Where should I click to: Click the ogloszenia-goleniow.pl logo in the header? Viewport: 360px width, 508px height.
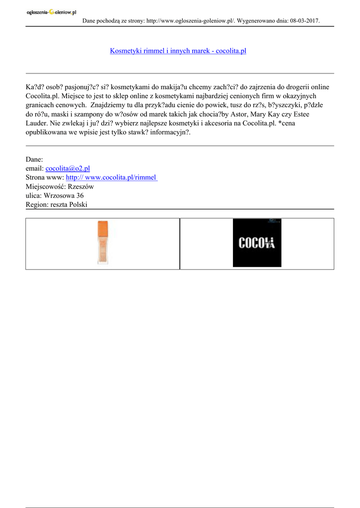click(51, 13)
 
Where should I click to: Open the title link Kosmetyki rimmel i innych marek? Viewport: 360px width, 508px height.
click(178, 51)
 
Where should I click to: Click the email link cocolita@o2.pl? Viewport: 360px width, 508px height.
click(68, 169)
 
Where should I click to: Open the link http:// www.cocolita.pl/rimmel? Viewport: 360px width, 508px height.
click(111, 178)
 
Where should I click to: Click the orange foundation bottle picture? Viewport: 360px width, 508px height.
click(103, 243)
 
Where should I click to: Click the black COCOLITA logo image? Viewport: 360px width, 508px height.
click(257, 243)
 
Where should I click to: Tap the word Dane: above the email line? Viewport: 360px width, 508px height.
click(34, 160)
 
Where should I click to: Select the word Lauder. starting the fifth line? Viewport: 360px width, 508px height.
click(37, 123)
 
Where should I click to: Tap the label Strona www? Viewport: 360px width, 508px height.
click(45, 178)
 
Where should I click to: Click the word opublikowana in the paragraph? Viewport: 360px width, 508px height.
click(48, 132)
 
